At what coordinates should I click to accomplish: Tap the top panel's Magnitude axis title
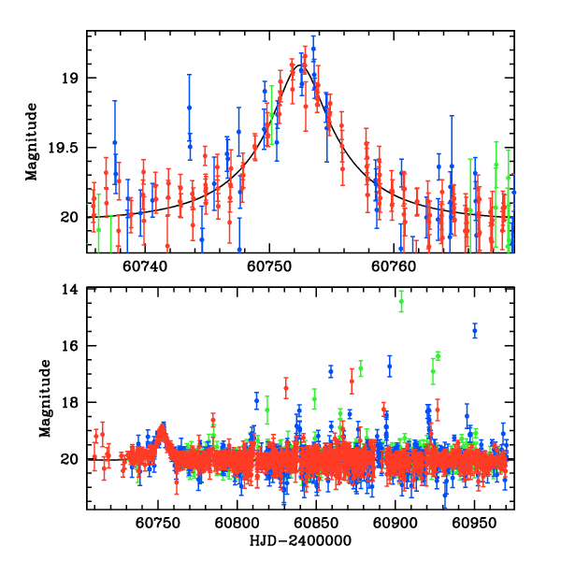click(32, 141)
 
